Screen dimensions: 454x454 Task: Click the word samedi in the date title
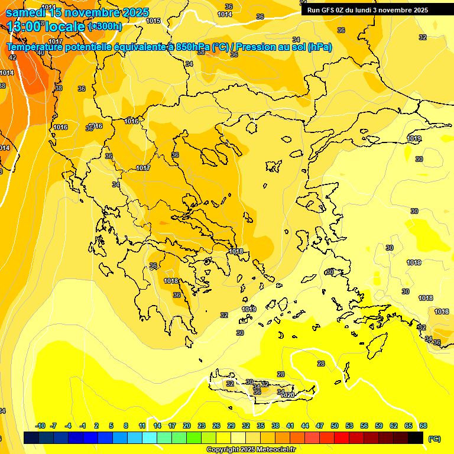click(x=28, y=12)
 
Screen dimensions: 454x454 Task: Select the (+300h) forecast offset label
click(x=105, y=27)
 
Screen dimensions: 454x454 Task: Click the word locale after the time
click(x=65, y=27)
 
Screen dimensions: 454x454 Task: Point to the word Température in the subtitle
click(x=36, y=47)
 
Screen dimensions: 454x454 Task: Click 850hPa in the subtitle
click(x=192, y=47)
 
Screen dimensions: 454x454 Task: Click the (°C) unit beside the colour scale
click(x=434, y=439)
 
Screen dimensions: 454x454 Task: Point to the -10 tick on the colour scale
click(x=40, y=426)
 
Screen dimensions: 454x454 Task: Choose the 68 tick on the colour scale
click(x=423, y=426)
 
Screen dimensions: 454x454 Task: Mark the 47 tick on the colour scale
click(x=320, y=426)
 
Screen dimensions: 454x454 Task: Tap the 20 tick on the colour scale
click(x=186, y=426)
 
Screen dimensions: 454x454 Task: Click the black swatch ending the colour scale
click(x=416, y=438)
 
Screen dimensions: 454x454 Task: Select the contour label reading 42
click(x=13, y=57)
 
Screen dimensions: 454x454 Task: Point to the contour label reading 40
click(x=40, y=53)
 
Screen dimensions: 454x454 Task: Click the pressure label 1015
click(x=153, y=21)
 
